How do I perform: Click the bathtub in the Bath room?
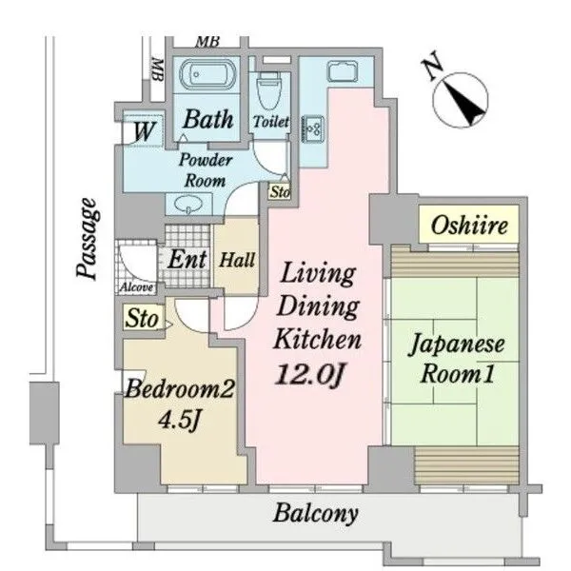pyautogui.click(x=208, y=74)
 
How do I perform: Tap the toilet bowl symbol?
pyautogui.click(x=269, y=90)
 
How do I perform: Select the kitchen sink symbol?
pyautogui.click(x=343, y=71)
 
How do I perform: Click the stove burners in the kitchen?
pyautogui.click(x=313, y=128)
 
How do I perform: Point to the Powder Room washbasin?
pyautogui.click(x=187, y=205)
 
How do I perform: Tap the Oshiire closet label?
pyautogui.click(x=469, y=226)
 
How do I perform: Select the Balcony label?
pyautogui.click(x=316, y=514)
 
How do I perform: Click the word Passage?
pyautogui.click(x=88, y=239)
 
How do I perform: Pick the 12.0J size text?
pyautogui.click(x=309, y=374)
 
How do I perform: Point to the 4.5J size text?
pyautogui.click(x=179, y=420)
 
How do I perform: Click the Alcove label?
pyautogui.click(x=136, y=287)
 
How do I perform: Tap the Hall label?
pyautogui.click(x=237, y=261)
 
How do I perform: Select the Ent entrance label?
pyautogui.click(x=187, y=260)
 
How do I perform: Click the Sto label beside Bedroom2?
pyautogui.click(x=142, y=319)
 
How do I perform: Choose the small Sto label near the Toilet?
pyautogui.click(x=280, y=191)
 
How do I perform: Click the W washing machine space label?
pyautogui.click(x=144, y=131)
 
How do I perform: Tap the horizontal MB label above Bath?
pyautogui.click(x=207, y=42)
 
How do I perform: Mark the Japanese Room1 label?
pyautogui.click(x=457, y=360)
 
